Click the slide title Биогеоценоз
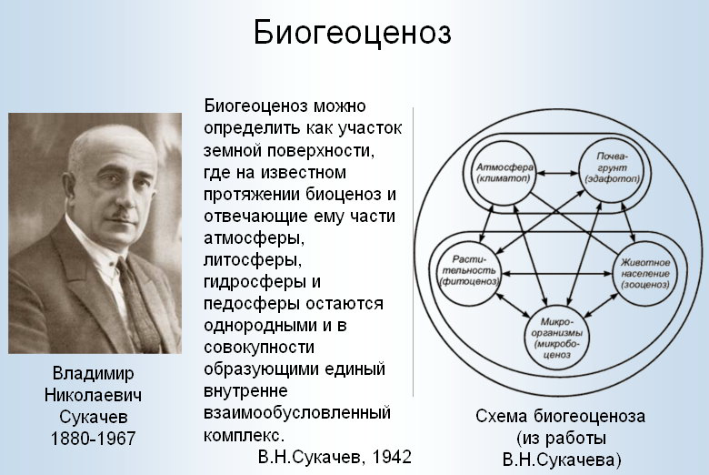(353, 34)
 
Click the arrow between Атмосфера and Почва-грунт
(558, 173)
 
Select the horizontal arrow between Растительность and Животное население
(557, 274)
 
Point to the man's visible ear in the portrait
(76, 176)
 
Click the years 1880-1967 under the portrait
(93, 439)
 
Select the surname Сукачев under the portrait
(93, 417)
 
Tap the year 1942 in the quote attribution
(392, 457)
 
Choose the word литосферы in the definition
(253, 260)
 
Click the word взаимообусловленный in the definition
(297, 413)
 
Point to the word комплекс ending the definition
(244, 435)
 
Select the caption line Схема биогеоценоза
(560, 416)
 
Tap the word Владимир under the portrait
(93, 374)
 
